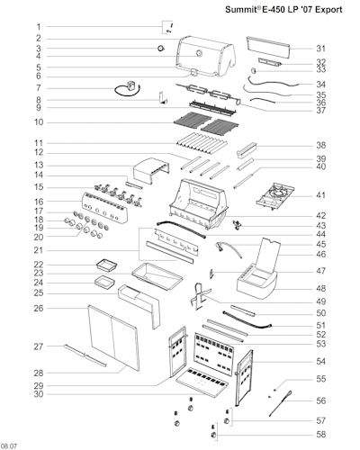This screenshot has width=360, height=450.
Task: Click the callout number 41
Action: click(320, 195)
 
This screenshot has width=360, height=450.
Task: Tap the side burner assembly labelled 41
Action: click(275, 195)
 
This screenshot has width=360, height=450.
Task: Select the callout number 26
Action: click(39, 308)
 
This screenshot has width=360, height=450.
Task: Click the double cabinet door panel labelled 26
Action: click(114, 338)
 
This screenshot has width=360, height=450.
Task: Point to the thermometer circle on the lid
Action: click(199, 54)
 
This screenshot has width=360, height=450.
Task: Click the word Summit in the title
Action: click(240, 10)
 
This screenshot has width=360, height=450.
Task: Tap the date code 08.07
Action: click(9, 446)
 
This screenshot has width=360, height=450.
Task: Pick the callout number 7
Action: click(39, 88)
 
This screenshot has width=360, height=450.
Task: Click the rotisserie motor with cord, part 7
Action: click(129, 89)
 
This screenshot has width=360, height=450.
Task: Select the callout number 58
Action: click(320, 434)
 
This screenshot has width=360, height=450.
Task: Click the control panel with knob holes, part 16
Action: click(104, 208)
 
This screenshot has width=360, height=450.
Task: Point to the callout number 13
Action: click(39, 165)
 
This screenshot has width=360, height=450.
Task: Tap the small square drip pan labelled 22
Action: click(106, 265)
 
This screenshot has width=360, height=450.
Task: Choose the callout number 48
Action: click(320, 288)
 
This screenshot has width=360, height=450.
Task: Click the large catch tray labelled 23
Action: click(157, 276)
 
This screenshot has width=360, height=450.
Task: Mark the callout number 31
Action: click(320, 49)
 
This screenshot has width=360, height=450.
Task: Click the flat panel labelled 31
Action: click(268, 48)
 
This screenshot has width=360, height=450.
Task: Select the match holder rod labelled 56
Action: click(280, 403)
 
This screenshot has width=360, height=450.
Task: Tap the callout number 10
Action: click(39, 122)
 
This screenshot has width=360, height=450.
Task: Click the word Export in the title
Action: click(328, 10)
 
